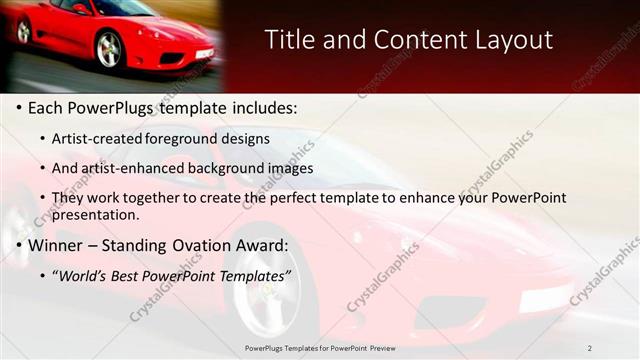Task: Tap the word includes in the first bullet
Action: point(262,107)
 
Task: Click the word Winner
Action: point(55,245)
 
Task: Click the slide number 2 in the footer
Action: point(590,348)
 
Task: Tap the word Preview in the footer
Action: point(382,348)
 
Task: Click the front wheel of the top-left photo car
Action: point(109,49)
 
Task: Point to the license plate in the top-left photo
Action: point(204,54)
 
